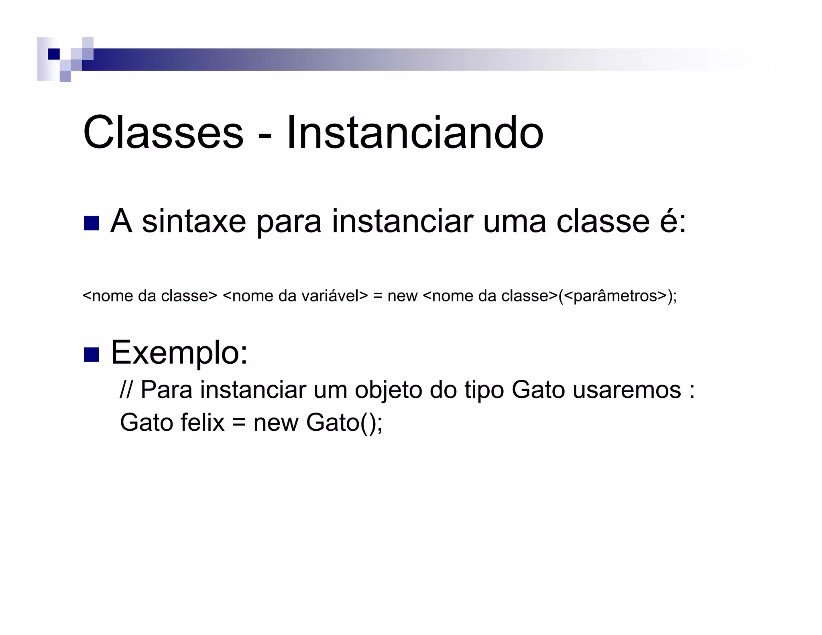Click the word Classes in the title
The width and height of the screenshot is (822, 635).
[x=163, y=132]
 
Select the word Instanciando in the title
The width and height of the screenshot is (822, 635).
[x=415, y=132]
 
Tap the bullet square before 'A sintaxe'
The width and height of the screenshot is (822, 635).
[x=91, y=223]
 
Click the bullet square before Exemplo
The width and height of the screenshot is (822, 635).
[x=91, y=354]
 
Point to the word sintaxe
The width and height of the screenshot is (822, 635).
[x=194, y=222]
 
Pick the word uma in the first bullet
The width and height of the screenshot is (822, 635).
[x=515, y=222]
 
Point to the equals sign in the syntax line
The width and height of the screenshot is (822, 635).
[x=377, y=296]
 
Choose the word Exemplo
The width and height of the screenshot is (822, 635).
[x=179, y=352]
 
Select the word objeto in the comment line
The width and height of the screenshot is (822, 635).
[x=388, y=390]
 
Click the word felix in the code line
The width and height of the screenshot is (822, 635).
[x=202, y=422]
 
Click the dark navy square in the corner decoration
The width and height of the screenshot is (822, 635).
[x=53, y=54]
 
